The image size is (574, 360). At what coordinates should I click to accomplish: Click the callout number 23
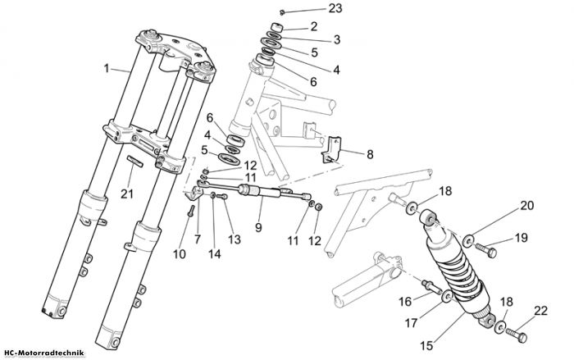click(335, 7)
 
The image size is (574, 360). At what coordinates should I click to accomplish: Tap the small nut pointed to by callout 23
click(282, 13)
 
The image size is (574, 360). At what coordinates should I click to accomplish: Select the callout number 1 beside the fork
click(106, 68)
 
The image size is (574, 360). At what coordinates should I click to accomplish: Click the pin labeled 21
click(135, 162)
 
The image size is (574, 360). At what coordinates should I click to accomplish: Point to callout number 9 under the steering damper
click(258, 227)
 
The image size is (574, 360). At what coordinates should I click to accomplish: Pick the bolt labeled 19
click(486, 250)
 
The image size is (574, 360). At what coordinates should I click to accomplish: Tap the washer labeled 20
click(468, 240)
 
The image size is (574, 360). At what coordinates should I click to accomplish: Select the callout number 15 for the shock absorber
click(427, 346)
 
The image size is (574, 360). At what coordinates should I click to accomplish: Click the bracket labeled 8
click(331, 149)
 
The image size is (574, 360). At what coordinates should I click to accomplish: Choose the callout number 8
click(370, 154)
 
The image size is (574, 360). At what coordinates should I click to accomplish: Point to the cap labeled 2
click(277, 28)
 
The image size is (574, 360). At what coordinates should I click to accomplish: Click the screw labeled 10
click(191, 210)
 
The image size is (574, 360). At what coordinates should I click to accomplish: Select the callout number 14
click(215, 253)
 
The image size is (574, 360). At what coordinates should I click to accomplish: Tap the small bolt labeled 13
click(222, 197)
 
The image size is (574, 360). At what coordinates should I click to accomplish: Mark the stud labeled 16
click(432, 286)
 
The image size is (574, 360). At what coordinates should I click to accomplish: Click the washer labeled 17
click(447, 296)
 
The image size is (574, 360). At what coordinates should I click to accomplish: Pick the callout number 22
click(540, 311)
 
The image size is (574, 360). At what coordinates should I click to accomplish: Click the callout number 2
click(313, 26)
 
